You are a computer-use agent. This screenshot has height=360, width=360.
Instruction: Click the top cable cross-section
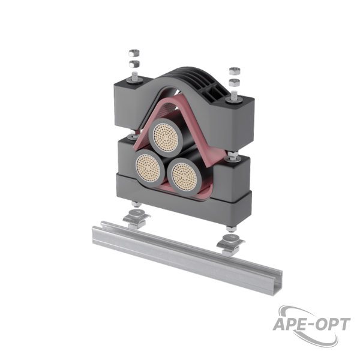166,136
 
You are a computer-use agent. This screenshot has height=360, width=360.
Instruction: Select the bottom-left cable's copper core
148,166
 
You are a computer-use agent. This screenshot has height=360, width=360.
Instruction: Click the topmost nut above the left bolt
134,53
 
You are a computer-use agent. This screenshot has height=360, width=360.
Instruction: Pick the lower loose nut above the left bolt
134,64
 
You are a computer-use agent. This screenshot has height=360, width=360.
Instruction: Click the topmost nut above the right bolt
235,71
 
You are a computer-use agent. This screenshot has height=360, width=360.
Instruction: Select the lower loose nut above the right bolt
235,82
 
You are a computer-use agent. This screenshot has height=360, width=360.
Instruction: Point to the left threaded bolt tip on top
134,75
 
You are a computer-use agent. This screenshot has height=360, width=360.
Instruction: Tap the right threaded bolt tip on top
235,94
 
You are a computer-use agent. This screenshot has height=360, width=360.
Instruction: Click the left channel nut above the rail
136,218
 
